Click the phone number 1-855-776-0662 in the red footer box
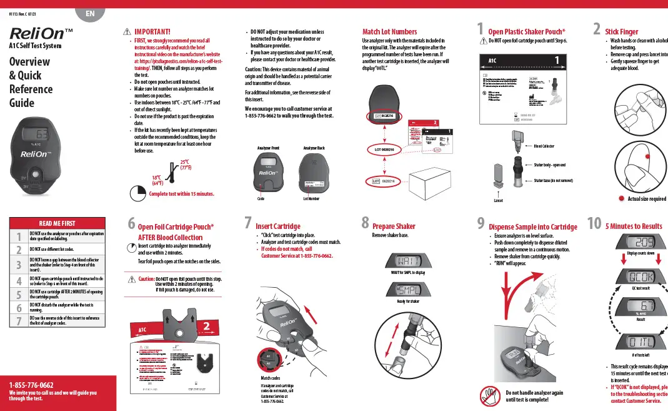31,385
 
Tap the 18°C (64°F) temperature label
157,180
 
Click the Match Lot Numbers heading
389,31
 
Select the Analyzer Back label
314,148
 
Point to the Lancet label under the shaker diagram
498,201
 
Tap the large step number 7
248,223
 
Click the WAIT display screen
407,260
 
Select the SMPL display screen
407,290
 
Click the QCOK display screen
636,276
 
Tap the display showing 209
636,242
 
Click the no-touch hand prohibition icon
489,395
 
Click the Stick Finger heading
621,31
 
